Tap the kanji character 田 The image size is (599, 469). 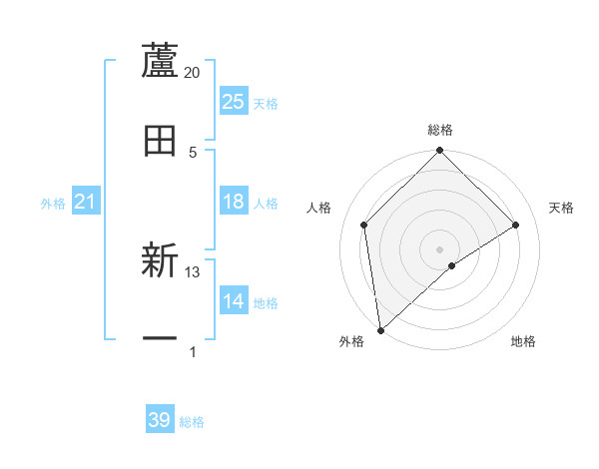coord(160,141)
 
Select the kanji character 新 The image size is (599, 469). coord(160,261)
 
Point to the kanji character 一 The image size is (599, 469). coord(160,340)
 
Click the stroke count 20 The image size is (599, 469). coord(193,73)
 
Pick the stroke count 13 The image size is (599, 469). coord(193,272)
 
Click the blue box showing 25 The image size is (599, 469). coord(233,102)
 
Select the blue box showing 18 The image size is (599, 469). coord(233,203)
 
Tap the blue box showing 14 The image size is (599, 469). coord(233,302)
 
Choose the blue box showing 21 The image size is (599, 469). coord(85,203)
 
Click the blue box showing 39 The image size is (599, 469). coord(160,421)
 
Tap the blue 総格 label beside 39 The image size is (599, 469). coord(192,422)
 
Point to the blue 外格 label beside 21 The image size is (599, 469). coord(53,204)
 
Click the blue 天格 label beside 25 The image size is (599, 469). coord(266,103)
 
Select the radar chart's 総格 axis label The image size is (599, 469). coord(440,130)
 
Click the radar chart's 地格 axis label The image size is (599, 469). coord(523,341)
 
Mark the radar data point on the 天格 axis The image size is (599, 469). coord(516,226)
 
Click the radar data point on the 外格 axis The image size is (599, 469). coord(379,330)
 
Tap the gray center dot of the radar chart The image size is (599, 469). coord(440,248)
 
